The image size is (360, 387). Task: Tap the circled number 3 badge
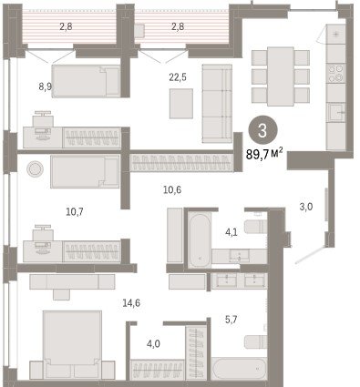click(262, 131)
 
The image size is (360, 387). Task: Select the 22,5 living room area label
click(178, 78)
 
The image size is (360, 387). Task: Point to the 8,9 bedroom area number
click(45, 87)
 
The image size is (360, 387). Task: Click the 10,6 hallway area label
click(172, 190)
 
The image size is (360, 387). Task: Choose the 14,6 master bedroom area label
click(131, 302)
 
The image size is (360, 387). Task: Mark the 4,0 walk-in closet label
click(153, 344)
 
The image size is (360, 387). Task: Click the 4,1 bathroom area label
click(231, 233)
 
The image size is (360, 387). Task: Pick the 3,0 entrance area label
click(306, 207)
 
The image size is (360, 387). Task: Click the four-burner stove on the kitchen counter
click(335, 73)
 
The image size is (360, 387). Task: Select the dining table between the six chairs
click(281, 76)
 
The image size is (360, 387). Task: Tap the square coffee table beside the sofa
click(181, 103)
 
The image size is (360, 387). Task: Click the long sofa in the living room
click(217, 103)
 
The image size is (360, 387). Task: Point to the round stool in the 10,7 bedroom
click(35, 168)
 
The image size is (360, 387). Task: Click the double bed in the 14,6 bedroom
click(72, 344)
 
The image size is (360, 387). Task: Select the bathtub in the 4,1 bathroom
click(199, 239)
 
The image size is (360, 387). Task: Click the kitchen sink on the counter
click(336, 112)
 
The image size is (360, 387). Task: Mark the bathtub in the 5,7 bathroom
click(239, 369)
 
